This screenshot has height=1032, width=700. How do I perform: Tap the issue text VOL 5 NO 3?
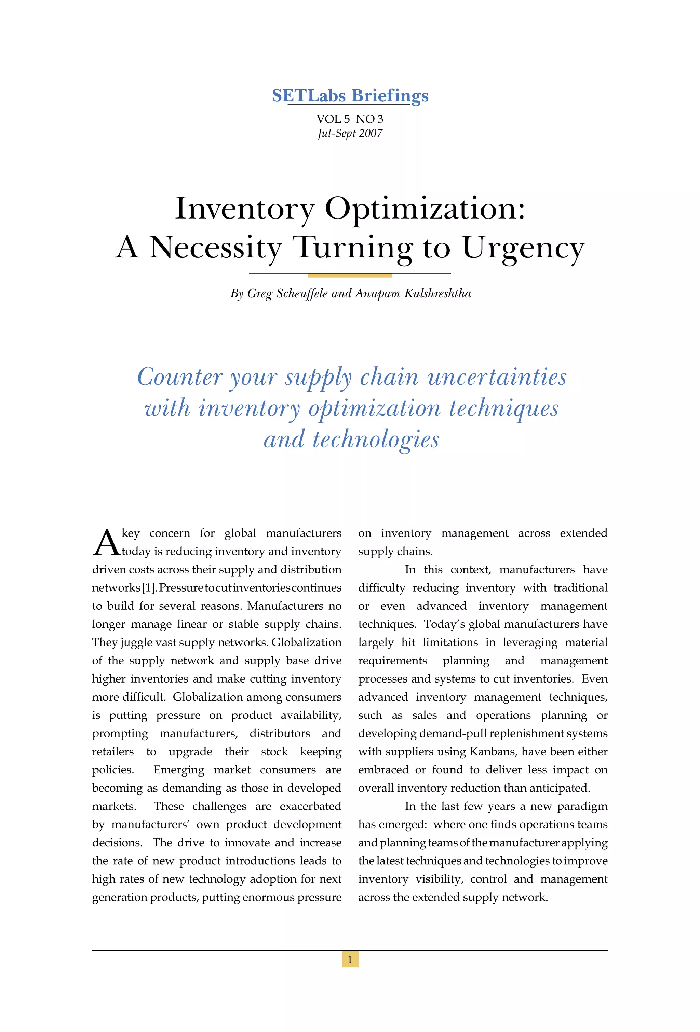(x=350, y=119)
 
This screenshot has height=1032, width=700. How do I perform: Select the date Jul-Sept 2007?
(x=350, y=133)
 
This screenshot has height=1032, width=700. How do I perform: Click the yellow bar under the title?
(x=350, y=275)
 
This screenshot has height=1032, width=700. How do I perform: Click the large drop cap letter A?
(x=106, y=543)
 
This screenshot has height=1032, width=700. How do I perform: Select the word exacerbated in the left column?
(x=310, y=806)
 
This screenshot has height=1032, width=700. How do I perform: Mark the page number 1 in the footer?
(x=350, y=960)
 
